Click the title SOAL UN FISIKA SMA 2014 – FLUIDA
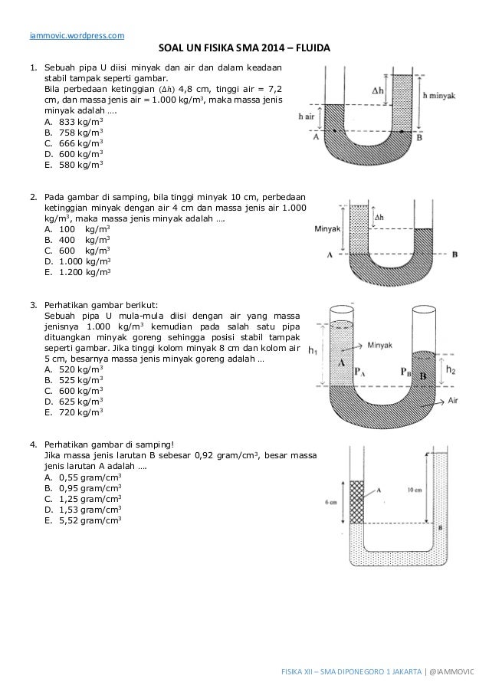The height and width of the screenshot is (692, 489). tap(244, 49)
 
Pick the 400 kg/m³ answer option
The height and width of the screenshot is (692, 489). tap(77, 239)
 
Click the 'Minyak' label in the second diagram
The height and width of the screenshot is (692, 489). tap(327, 228)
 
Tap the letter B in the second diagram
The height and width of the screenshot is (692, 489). tap(455, 254)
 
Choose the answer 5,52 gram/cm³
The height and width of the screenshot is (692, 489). tap(83, 520)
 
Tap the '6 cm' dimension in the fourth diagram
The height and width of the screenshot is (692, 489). tap(332, 502)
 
